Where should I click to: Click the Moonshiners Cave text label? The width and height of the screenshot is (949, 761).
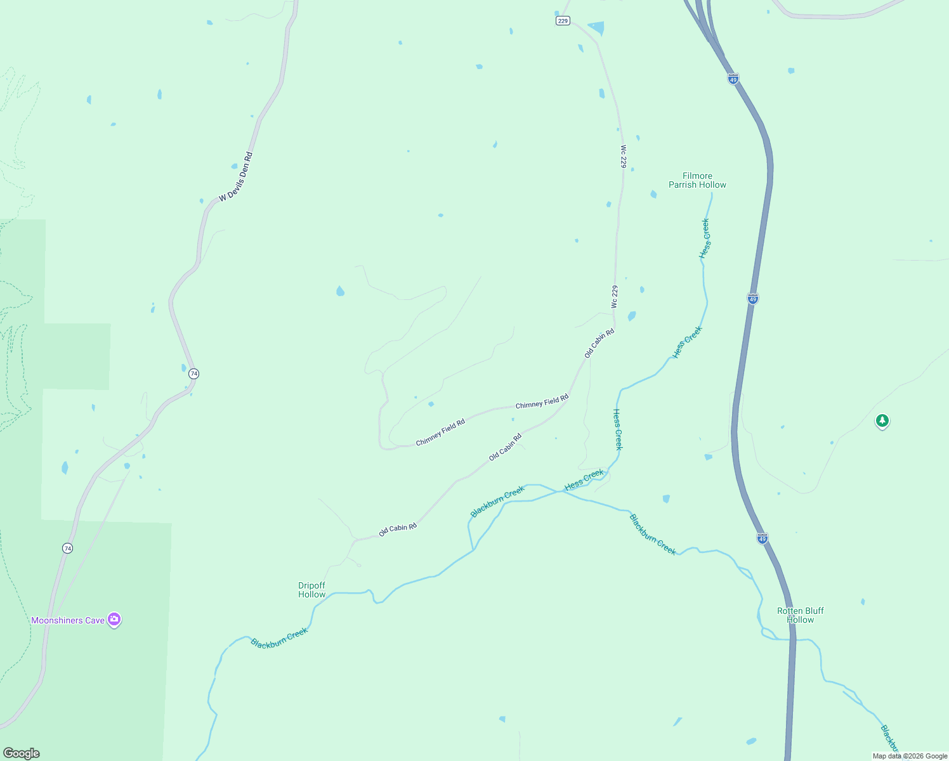[x=68, y=620]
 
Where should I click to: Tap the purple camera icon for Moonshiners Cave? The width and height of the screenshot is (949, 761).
[x=114, y=620]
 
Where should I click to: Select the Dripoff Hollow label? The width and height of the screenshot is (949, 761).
[x=311, y=590]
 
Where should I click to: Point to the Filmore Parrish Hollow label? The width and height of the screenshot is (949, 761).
[x=697, y=180]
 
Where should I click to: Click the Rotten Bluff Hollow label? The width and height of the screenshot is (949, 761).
[x=800, y=615]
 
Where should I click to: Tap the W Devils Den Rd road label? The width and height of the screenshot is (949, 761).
[x=236, y=177]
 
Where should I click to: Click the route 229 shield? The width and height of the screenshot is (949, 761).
[x=563, y=21]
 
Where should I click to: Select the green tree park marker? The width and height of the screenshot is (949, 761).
[x=882, y=420]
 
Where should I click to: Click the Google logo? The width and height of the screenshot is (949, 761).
[x=22, y=753]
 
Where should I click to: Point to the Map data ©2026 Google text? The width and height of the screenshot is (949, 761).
[x=910, y=756]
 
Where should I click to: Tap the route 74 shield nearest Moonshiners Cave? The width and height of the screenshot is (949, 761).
[x=68, y=548]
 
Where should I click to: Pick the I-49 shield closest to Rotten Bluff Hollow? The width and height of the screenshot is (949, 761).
[x=762, y=538]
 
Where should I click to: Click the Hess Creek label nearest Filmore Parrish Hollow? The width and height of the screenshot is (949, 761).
[x=705, y=238]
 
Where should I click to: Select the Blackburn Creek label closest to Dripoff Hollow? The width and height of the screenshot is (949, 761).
[x=279, y=637]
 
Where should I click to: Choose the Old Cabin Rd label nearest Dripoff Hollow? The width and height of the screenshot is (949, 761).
[x=398, y=530]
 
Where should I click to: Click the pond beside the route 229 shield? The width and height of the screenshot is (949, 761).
[x=596, y=28]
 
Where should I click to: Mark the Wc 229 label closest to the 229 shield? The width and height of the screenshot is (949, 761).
[x=623, y=156]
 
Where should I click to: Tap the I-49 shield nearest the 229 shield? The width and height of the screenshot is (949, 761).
[x=733, y=79]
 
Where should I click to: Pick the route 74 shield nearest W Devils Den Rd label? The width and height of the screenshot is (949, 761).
[x=194, y=374]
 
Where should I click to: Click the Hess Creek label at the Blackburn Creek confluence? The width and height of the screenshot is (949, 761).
[x=584, y=479]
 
